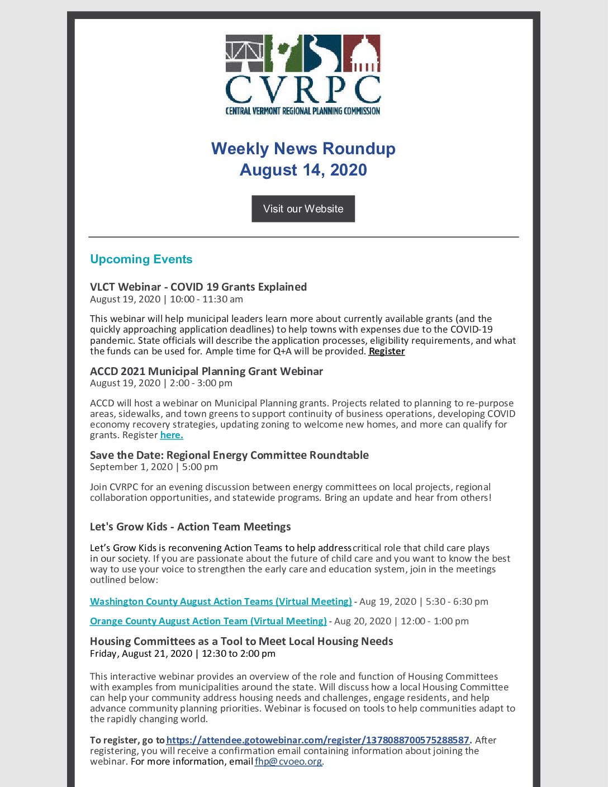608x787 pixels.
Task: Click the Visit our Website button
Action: coord(303,208)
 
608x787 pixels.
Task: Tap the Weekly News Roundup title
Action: coord(303,149)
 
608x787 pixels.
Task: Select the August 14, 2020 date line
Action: coord(303,170)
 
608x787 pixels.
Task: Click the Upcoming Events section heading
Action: coord(141,259)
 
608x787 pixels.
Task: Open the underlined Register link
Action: coord(387,351)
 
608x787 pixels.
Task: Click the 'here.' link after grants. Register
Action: coord(172,435)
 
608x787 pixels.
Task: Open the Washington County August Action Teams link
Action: coord(221,601)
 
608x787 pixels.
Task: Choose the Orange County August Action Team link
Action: coord(208,621)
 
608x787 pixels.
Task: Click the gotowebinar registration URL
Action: coord(318,740)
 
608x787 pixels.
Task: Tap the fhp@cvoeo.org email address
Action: coord(288,761)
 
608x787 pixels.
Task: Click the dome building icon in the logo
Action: coord(362,54)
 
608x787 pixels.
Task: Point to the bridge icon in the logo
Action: coord(244,54)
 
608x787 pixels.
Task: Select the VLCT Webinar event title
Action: coord(198,287)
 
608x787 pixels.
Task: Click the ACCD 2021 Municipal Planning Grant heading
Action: coord(206,371)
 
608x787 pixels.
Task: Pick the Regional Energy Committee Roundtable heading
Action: coord(229,455)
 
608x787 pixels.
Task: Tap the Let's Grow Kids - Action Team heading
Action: coord(190,527)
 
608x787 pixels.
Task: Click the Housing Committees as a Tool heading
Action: coord(241,641)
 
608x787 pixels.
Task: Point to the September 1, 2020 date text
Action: coord(131,467)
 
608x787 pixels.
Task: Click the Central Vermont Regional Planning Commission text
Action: coord(303,111)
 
